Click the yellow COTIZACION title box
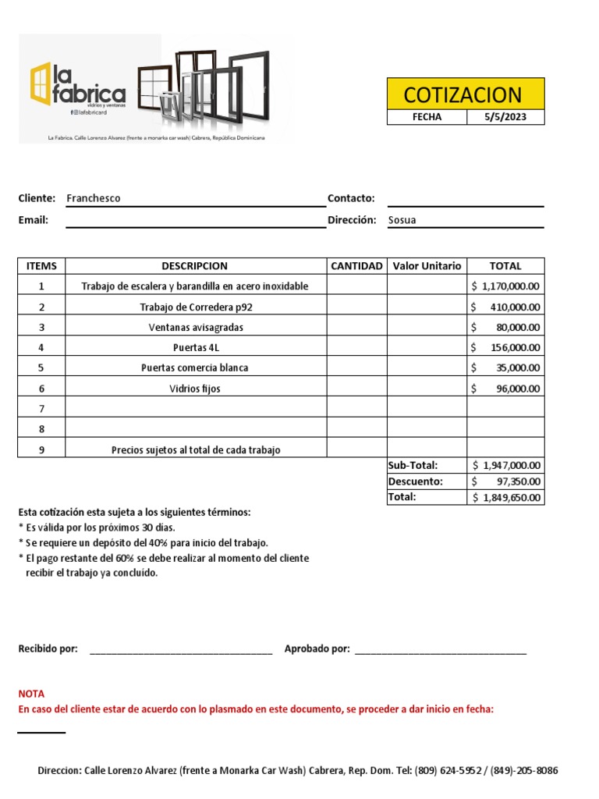466,94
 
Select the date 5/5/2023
505,117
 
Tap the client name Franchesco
94,198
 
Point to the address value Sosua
402,220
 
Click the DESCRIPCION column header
195,266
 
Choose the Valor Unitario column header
427,266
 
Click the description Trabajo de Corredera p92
195,307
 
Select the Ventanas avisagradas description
195,327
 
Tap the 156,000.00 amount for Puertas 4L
514,347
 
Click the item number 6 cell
41,388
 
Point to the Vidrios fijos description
195,388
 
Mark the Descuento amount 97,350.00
517,481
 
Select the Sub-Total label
413,466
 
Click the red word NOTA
32,694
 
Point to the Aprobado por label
317,649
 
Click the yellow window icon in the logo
40,83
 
